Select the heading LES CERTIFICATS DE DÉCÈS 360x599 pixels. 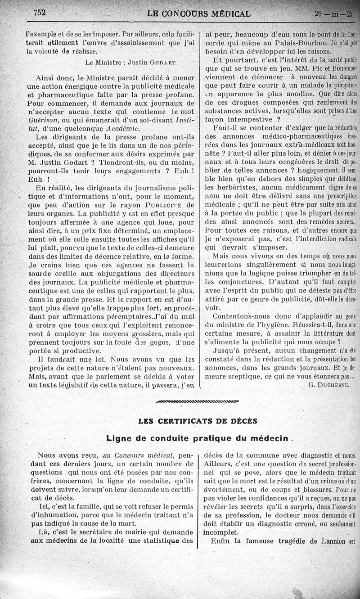pos(198,421)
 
